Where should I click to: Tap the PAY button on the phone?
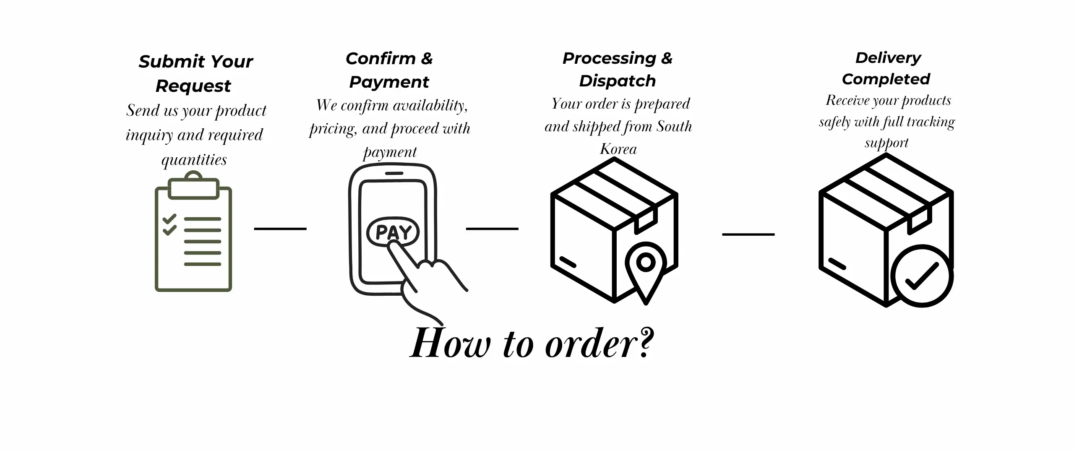coord(393,232)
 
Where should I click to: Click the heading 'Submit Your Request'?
coord(195,73)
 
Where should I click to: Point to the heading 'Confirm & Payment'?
coord(389,70)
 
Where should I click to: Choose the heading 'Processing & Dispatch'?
coord(617,69)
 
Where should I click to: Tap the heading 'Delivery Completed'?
coord(887,68)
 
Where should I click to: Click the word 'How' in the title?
coord(450,344)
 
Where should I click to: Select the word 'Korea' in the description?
coord(618,149)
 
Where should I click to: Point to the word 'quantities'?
coord(194,160)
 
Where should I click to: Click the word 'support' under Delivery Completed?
coord(886,143)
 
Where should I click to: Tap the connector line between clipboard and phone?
coord(280,229)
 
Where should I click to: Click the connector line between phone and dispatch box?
coord(492,229)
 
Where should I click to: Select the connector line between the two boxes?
coord(748,234)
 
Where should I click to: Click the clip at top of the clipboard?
coord(193,187)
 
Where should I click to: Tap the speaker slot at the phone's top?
coord(394,173)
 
